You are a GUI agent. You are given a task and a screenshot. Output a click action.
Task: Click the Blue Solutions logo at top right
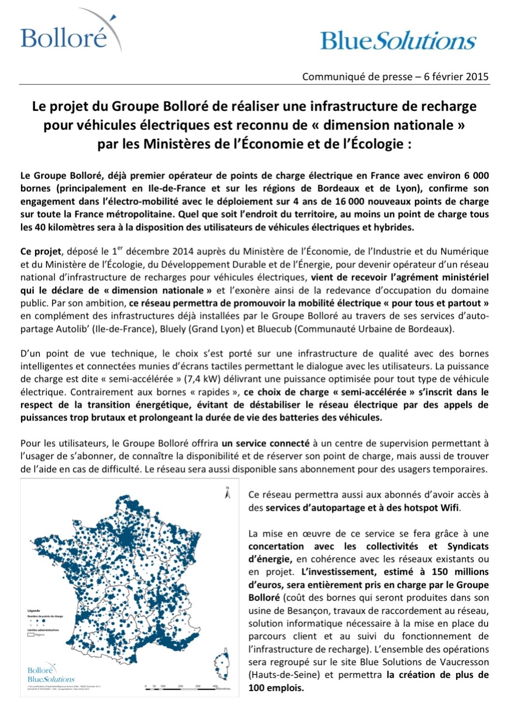[398, 41]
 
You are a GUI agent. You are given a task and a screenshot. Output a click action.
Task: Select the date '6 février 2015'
[456, 77]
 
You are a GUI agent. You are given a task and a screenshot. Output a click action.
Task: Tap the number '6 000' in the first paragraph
[475, 176]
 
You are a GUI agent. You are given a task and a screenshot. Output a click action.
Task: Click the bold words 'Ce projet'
[40, 252]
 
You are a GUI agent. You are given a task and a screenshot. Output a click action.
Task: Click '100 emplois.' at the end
[276, 688]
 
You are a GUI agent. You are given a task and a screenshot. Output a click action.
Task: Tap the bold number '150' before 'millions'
[440, 572]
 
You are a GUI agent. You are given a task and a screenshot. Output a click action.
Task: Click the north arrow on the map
[227, 494]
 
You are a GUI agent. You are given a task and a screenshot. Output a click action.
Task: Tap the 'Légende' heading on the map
[34, 611]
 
